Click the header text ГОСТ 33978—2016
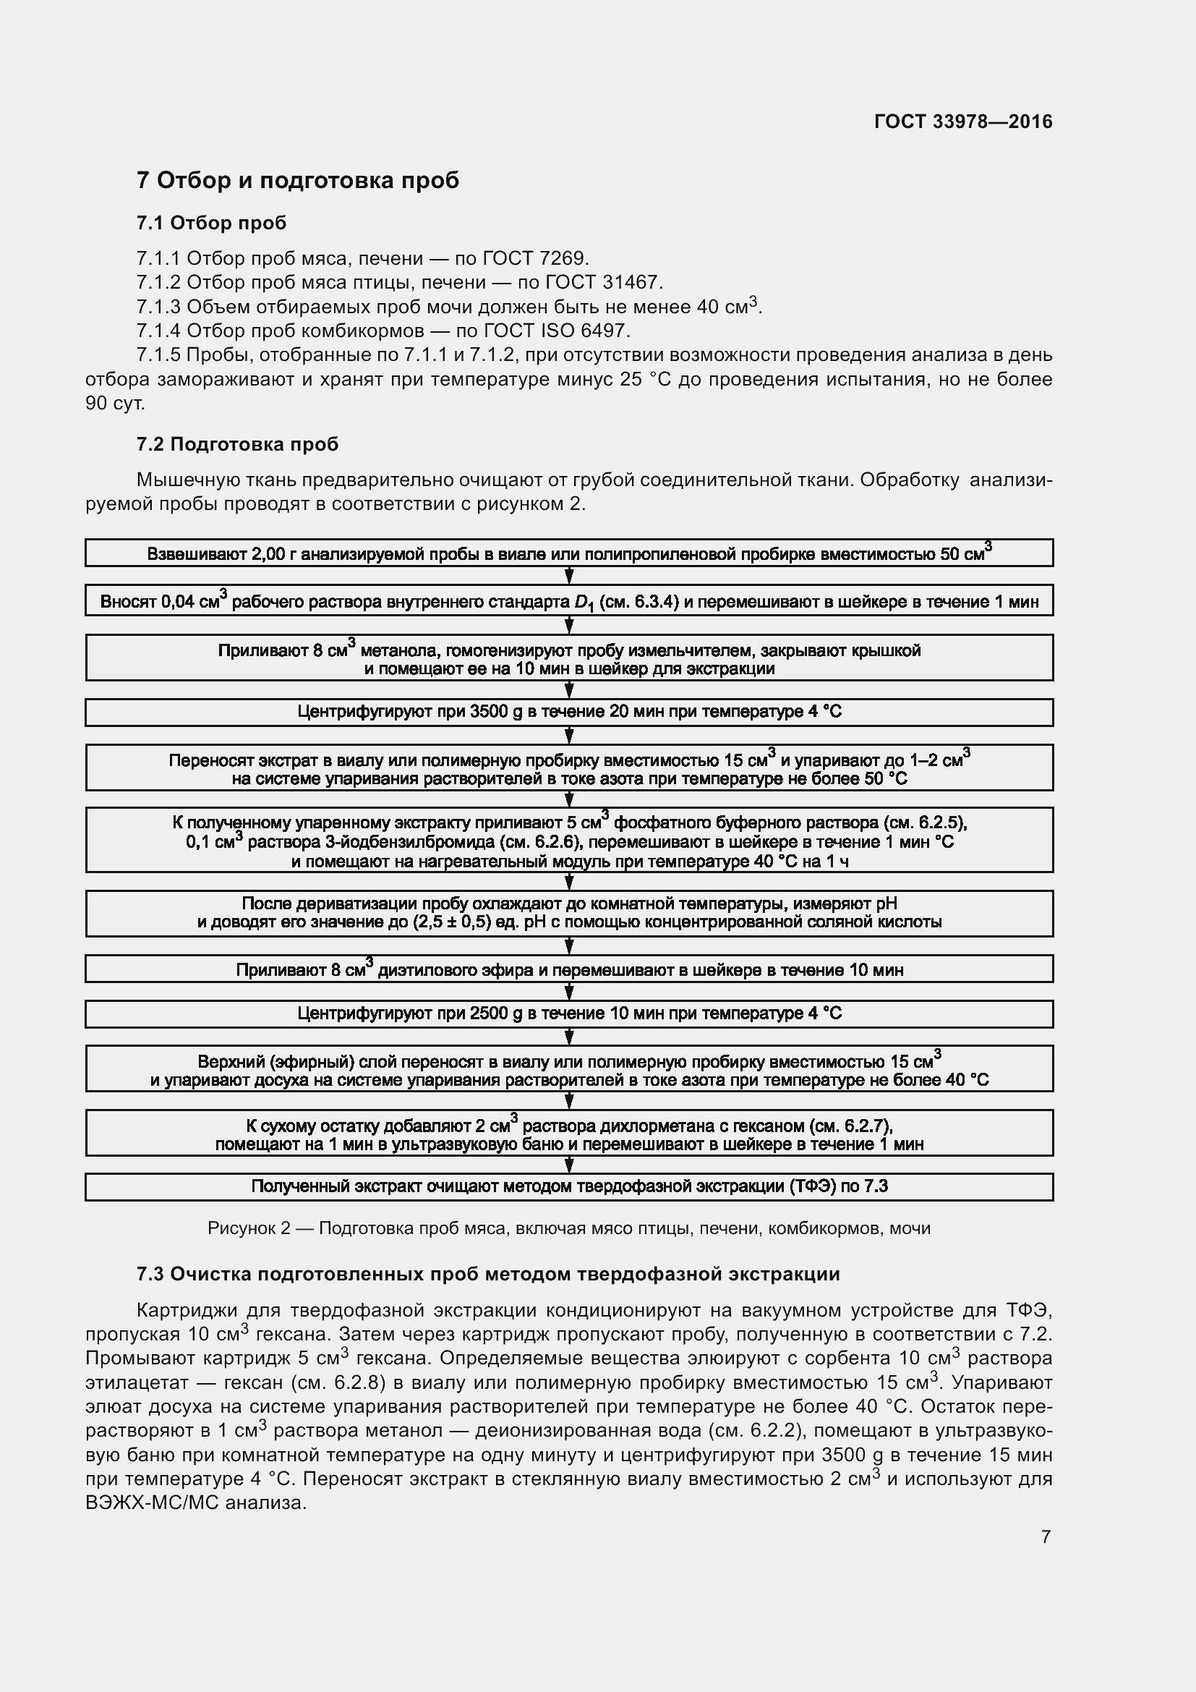962,122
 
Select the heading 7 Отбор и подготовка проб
297,181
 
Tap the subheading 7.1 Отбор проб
211,224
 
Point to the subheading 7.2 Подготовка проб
237,444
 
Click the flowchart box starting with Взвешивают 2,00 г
568,553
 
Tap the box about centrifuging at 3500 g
568,712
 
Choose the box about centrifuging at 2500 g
568,1013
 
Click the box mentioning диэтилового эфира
568,969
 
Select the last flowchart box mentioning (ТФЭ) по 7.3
568,1186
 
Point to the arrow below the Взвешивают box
569,576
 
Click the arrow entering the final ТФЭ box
569,1165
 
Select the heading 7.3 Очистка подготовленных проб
487,1274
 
